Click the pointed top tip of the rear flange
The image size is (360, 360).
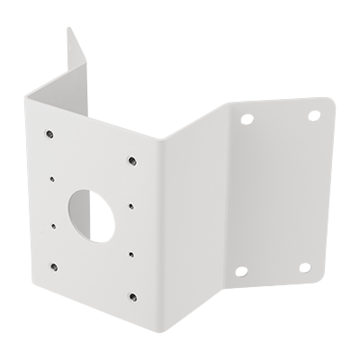point(69,29)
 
